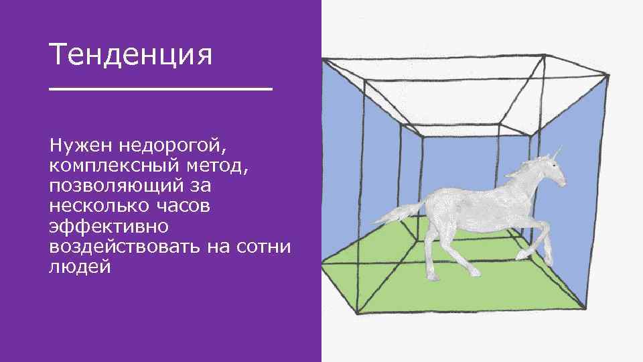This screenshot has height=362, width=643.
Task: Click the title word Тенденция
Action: [131, 55]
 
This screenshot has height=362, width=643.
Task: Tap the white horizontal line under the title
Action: [161, 88]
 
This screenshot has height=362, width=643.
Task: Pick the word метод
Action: [224, 165]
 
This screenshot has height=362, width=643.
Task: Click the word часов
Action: [184, 205]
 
